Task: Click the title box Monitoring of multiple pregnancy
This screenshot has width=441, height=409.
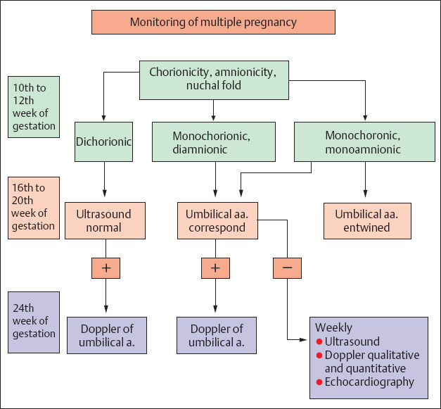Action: click(x=213, y=22)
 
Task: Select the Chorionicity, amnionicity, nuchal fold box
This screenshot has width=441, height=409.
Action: click(x=214, y=80)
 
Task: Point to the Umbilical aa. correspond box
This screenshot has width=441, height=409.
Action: click(x=217, y=220)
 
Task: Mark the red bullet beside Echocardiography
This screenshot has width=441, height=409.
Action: click(x=319, y=382)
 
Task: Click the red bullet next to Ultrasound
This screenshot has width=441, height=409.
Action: click(x=319, y=342)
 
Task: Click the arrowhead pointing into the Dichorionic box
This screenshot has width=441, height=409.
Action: click(x=104, y=116)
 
